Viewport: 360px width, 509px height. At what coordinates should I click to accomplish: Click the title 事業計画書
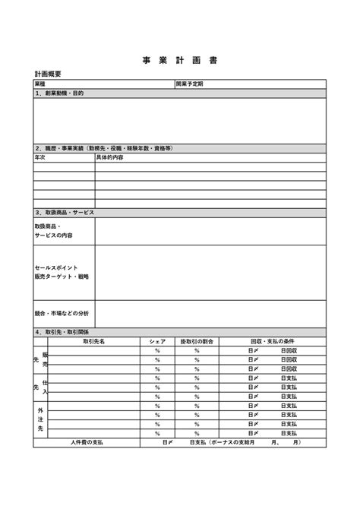[179, 60]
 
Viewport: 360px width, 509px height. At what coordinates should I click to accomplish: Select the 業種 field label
[40, 84]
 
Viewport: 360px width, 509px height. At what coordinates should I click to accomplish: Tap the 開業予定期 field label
[190, 84]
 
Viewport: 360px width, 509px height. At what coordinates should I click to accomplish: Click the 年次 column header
[41, 157]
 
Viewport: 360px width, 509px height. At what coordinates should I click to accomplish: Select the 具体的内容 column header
[110, 157]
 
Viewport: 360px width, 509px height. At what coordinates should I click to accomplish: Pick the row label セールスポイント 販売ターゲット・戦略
[62, 272]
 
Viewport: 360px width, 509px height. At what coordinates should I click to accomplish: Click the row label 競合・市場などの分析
[62, 313]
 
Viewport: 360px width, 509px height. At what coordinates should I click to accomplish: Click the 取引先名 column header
[94, 342]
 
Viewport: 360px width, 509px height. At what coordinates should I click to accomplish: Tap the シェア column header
[157, 342]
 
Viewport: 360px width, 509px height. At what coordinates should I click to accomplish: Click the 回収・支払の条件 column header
[272, 342]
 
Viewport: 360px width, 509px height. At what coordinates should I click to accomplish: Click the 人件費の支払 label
[87, 442]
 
